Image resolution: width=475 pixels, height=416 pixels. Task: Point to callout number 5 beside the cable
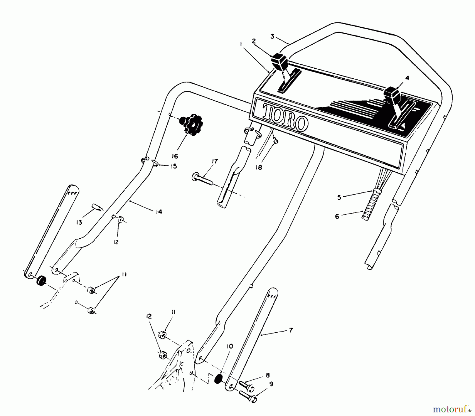(x=339, y=197)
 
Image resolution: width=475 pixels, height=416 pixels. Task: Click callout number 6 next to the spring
(x=337, y=216)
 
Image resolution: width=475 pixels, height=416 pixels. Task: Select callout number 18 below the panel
(x=259, y=167)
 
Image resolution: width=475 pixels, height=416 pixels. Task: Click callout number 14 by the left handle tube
(x=159, y=212)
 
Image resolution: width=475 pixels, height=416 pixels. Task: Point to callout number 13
(x=79, y=222)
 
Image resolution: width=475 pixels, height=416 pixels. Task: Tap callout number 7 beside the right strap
(x=291, y=330)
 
